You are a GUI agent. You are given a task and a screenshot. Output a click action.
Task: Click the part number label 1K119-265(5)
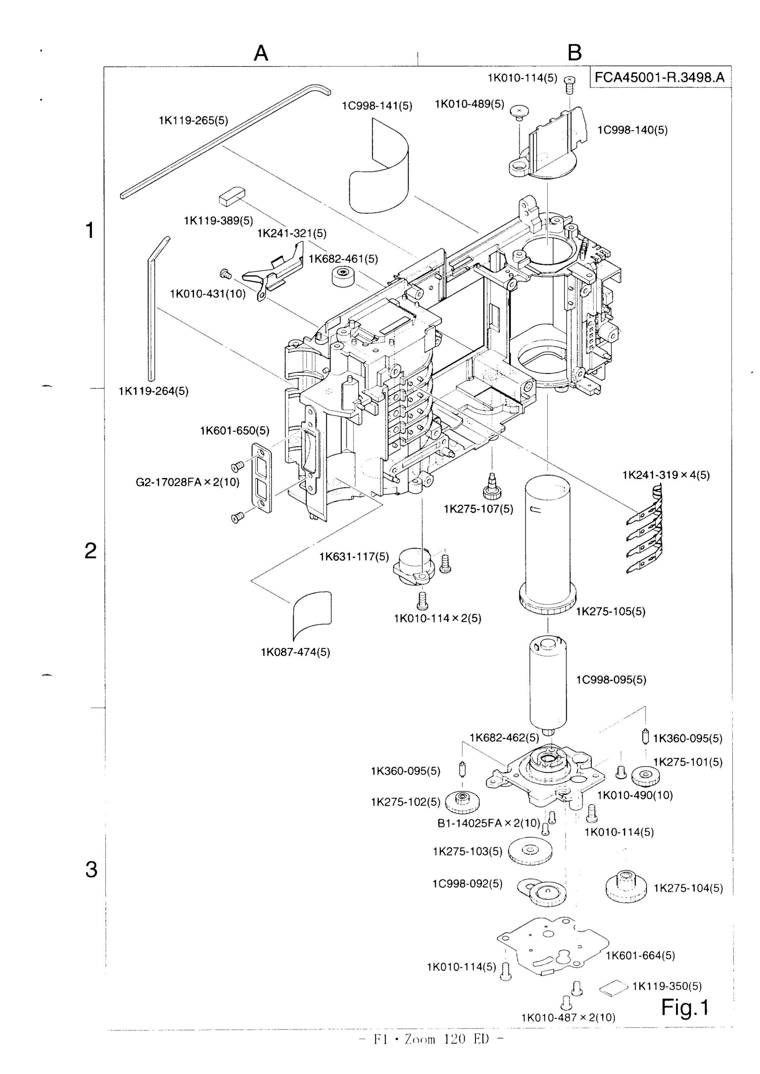(193, 121)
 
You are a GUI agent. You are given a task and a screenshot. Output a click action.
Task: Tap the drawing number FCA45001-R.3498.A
(659, 77)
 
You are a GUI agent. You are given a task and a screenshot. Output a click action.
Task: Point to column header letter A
(261, 53)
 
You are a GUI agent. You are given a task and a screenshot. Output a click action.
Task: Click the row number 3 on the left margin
(91, 869)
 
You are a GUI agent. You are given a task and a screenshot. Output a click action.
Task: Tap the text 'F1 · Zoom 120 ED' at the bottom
(430, 1053)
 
